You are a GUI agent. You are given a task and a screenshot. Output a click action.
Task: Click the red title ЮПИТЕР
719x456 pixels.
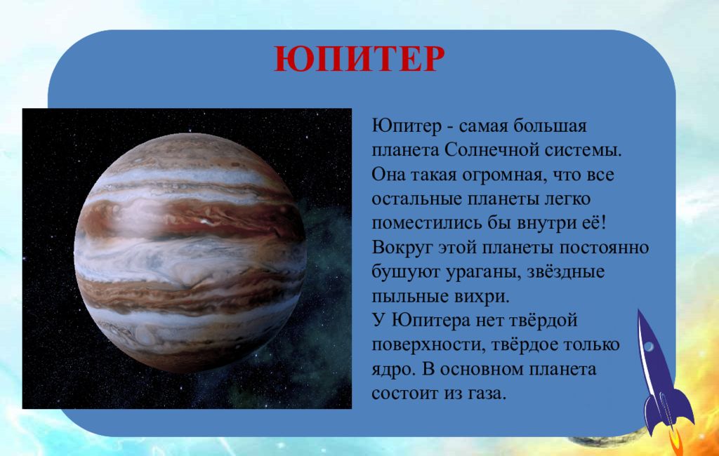tap(359, 59)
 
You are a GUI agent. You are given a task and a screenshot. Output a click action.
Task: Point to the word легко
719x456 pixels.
tap(567, 199)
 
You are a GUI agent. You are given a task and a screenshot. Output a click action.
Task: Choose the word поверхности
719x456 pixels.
tap(428, 345)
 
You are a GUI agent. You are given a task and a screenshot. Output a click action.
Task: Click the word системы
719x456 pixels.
tap(581, 150)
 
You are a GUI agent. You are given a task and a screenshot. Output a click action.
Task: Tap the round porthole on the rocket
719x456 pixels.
tap(649, 347)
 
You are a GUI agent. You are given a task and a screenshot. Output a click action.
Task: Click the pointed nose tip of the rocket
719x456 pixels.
tap(639, 310)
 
